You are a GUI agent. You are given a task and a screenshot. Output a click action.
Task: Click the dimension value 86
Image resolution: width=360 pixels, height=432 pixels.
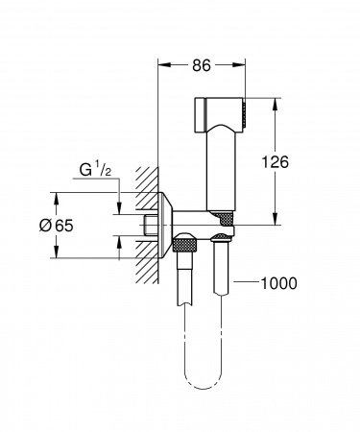(202, 65)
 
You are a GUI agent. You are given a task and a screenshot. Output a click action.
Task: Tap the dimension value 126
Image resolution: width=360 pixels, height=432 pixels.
(276, 162)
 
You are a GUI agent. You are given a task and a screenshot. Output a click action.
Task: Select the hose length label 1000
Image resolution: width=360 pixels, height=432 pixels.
(279, 283)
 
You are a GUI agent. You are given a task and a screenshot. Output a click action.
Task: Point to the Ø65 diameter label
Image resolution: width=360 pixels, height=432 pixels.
(57, 226)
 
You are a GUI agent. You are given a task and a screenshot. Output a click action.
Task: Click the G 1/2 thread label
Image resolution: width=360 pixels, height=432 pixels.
(95, 170)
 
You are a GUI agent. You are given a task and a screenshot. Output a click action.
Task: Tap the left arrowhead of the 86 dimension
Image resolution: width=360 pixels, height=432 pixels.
(164, 65)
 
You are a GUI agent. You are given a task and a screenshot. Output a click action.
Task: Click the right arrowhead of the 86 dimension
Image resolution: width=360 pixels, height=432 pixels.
(240, 65)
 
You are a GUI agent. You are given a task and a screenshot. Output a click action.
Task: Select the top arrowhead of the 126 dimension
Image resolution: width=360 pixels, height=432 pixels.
(275, 104)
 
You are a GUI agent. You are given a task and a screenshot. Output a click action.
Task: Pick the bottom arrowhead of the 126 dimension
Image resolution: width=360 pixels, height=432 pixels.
(275, 219)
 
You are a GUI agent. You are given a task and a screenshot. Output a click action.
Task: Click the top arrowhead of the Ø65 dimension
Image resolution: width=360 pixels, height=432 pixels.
(57, 198)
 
